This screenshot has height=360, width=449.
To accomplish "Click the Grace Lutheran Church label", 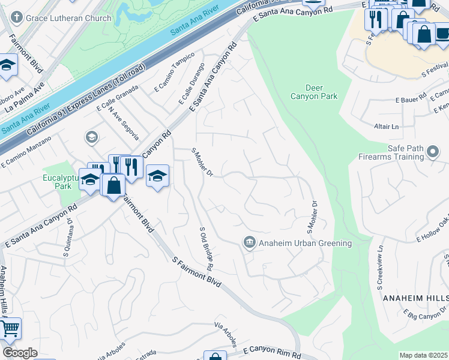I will (70, 18).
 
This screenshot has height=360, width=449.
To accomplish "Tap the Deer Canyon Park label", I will (313, 91).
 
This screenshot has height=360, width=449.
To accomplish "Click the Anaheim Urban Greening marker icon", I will (249, 242).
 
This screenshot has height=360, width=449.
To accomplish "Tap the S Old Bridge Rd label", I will (206, 248).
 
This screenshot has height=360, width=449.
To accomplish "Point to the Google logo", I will (20, 353).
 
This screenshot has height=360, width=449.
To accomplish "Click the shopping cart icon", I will (9, 329).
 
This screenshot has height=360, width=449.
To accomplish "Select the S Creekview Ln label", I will (380, 267).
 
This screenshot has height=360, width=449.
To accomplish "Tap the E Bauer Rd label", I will (411, 98).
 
